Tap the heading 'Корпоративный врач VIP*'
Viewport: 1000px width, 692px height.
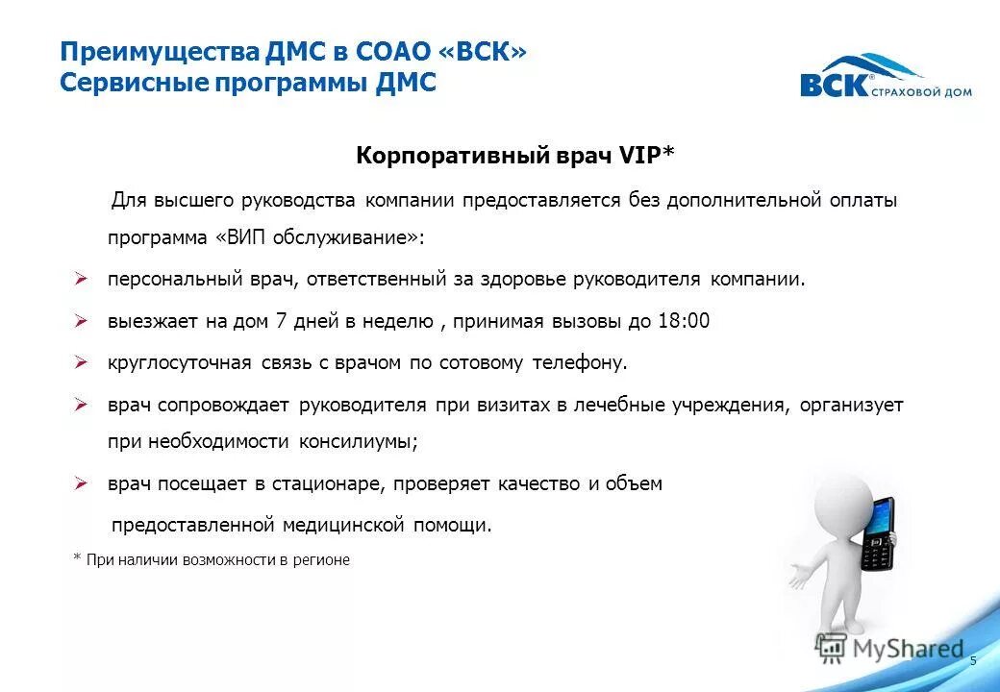[x=516, y=157]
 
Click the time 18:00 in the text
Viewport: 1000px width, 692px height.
[x=684, y=321]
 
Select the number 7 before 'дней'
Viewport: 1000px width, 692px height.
[x=281, y=321]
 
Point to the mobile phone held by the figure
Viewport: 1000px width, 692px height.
[x=877, y=534]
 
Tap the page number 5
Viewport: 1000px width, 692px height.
[x=973, y=660]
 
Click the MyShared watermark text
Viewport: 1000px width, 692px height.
[x=909, y=649]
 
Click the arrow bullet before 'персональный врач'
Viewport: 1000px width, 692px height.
[x=82, y=280]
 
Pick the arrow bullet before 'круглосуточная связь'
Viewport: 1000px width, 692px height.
[x=82, y=363]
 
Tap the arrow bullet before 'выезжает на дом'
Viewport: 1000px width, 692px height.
[x=82, y=321]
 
